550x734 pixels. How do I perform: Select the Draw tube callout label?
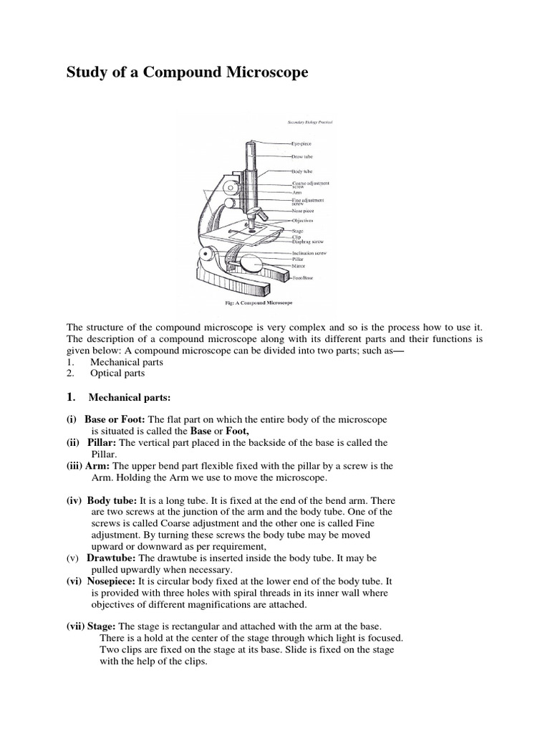302,156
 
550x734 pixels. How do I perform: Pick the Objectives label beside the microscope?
304,221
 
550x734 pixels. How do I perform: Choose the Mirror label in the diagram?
299,266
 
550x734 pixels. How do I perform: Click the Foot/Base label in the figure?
302,277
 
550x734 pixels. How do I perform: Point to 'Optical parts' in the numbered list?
117,373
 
